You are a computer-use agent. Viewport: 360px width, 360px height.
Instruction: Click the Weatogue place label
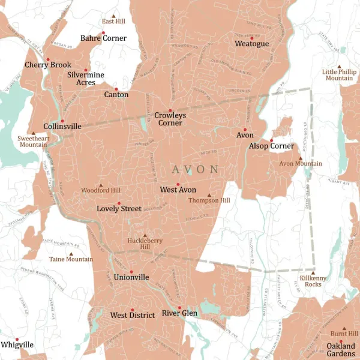[x=251, y=44]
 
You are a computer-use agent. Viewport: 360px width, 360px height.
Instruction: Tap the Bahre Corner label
[x=104, y=38]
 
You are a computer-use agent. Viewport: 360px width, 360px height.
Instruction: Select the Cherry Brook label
[x=48, y=65]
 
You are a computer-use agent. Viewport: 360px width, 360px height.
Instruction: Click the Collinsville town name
[x=62, y=127]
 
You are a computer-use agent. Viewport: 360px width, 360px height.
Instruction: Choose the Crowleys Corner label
[x=170, y=119]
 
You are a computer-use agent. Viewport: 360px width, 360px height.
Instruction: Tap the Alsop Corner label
[x=272, y=146]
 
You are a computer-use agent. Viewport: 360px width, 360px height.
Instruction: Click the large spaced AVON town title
[x=196, y=169]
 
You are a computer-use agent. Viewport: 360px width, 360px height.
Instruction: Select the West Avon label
[x=178, y=190]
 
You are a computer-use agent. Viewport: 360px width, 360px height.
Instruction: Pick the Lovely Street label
[x=119, y=209]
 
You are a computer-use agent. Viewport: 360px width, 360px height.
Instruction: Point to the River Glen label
[x=179, y=313]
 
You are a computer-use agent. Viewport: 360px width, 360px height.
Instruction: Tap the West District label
[x=132, y=315]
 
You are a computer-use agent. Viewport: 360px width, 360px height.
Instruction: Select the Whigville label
[x=17, y=345]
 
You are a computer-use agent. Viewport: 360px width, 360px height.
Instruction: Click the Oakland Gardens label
[x=340, y=350]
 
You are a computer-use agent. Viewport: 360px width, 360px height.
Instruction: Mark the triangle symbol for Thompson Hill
[x=209, y=195]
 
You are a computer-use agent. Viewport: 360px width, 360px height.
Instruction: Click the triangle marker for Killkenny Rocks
[x=313, y=272]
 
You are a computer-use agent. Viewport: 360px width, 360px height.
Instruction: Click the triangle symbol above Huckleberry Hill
[x=145, y=235]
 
